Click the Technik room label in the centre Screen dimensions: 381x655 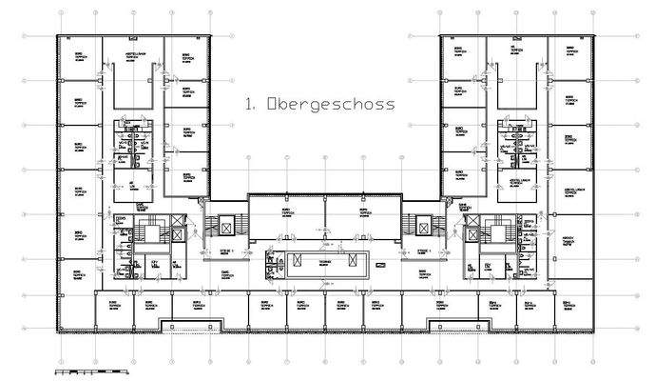point(324,260)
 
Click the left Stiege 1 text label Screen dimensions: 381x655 point(224,251)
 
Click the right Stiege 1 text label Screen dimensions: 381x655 point(424,251)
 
